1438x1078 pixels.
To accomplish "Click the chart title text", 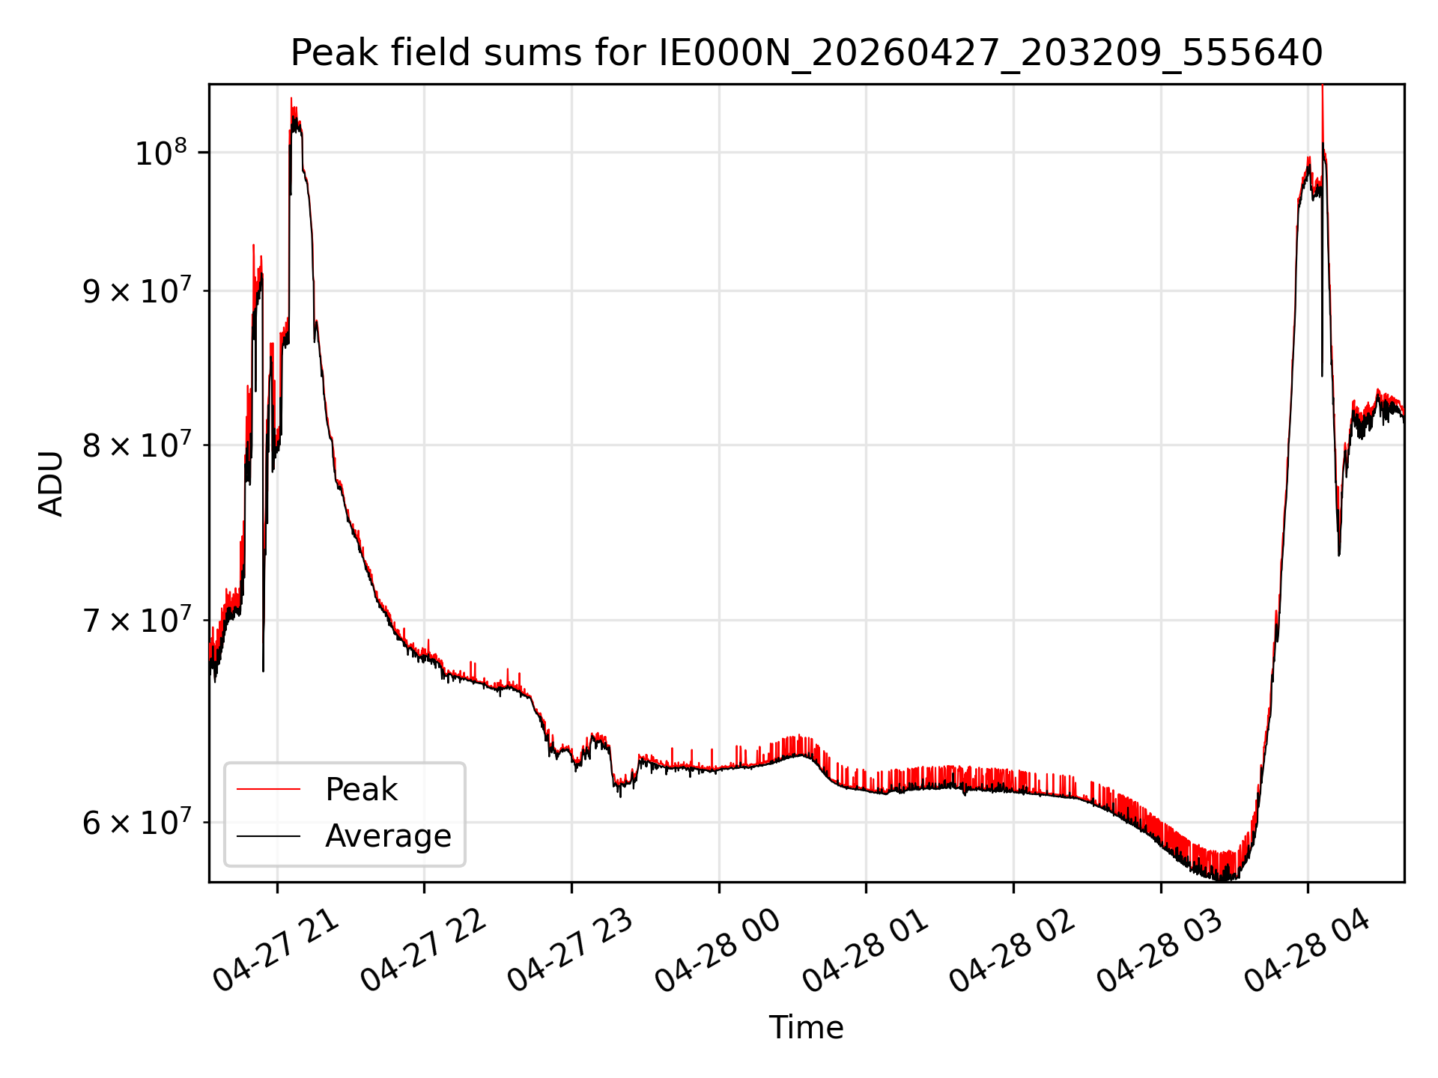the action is pyautogui.click(x=807, y=53).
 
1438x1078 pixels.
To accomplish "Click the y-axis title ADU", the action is pyautogui.click(x=51, y=483).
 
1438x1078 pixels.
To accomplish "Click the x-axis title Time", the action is pyautogui.click(x=806, y=1028).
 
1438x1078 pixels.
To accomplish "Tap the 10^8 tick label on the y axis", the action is pyautogui.click(x=160, y=153).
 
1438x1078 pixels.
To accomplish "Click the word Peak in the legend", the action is pyautogui.click(x=361, y=790).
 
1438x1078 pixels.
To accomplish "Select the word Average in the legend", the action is pyautogui.click(x=388, y=836).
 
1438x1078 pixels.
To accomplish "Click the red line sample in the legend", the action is pyautogui.click(x=268, y=789).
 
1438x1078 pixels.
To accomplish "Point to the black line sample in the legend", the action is pyautogui.click(x=268, y=835).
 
